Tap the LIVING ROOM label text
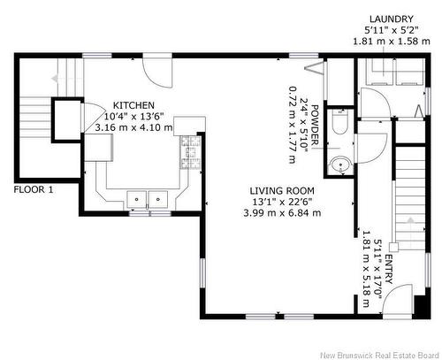coord(283,191)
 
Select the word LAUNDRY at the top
coord(392,19)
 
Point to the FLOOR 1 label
coord(33,189)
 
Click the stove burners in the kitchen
coord(188,154)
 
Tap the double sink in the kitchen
coord(148,198)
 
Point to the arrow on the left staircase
coord(55,79)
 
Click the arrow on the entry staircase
coord(410,222)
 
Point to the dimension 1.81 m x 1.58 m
coord(392,41)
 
